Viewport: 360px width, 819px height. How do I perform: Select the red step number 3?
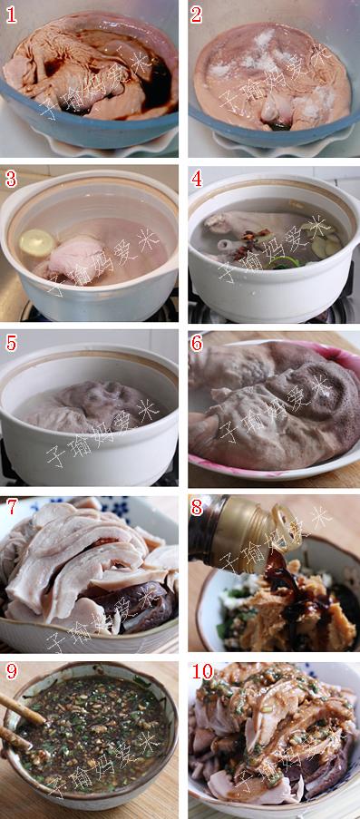point(11,179)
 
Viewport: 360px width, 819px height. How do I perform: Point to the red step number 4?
point(197,179)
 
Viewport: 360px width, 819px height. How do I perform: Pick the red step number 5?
point(11,344)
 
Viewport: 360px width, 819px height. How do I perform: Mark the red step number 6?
point(197,344)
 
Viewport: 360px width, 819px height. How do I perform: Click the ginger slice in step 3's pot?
point(37,242)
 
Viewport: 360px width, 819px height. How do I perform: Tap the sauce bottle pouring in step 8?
point(227,535)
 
